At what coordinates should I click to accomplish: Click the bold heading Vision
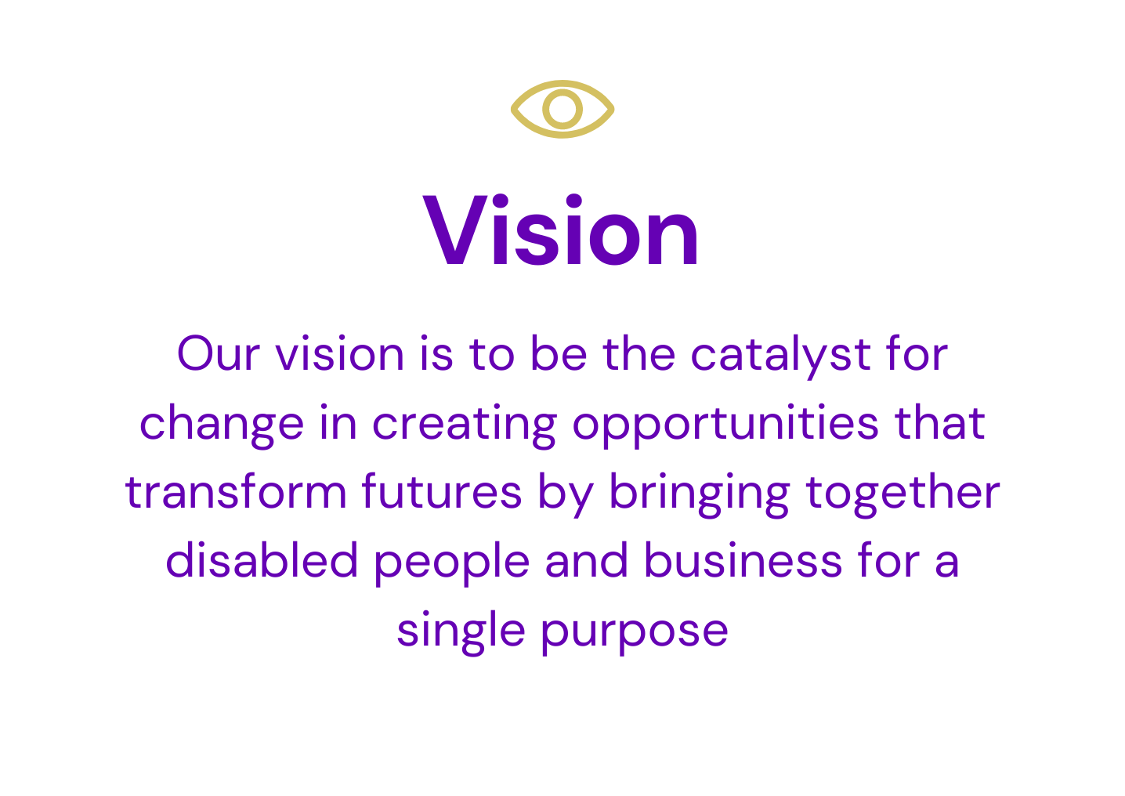tap(560, 230)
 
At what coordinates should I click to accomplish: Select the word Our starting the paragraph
tap(219, 354)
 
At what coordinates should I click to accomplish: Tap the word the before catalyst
tap(638, 353)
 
